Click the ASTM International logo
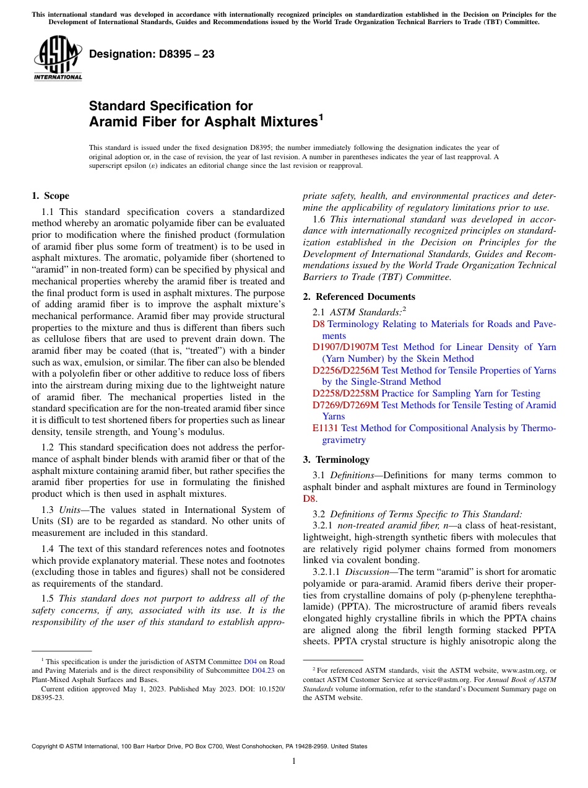57,59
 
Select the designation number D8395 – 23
152,55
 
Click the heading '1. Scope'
50,196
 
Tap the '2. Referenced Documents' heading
359,297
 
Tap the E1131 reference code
326,428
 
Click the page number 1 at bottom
294,761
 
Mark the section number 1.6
321,219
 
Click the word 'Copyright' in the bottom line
46,746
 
